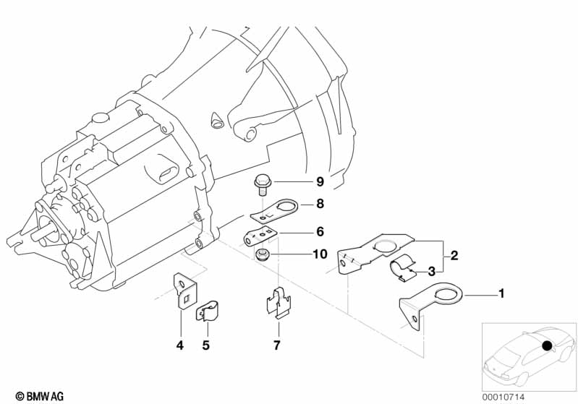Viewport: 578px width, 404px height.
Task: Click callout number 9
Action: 320,181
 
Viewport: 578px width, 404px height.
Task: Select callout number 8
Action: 320,203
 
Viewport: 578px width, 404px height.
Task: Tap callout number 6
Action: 320,232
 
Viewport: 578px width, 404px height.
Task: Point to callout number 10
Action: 320,254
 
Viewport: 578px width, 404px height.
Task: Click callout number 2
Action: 454,255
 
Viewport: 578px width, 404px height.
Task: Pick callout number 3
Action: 431,272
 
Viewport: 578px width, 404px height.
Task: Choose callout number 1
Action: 501,293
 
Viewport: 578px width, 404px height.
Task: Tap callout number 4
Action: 180,345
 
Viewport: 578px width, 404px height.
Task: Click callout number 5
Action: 205,345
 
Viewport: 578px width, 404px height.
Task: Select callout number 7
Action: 277,345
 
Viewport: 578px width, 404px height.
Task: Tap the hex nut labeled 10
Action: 262,254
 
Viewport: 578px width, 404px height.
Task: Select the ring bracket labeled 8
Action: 275,211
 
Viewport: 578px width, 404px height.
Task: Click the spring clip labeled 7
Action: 279,303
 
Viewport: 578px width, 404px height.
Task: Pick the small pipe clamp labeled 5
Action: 207,311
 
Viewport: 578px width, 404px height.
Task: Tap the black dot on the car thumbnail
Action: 548,345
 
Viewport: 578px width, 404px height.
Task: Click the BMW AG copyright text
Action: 40,397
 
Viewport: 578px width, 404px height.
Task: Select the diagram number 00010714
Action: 503,397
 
